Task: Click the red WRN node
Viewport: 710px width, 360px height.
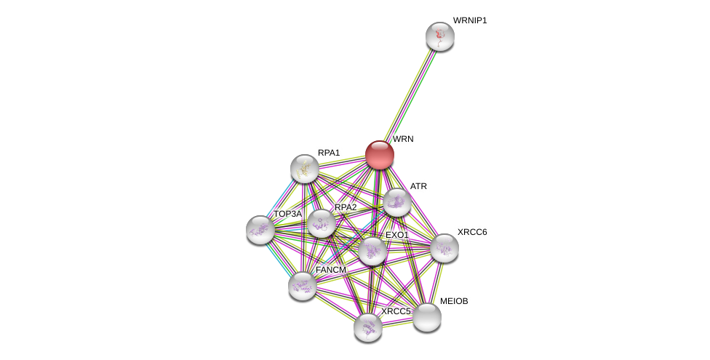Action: (x=380, y=155)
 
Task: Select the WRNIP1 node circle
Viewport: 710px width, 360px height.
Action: (x=440, y=36)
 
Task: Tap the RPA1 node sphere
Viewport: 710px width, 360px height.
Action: (x=305, y=169)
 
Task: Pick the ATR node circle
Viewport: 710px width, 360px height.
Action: (x=397, y=202)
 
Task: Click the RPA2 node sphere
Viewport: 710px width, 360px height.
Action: (x=321, y=224)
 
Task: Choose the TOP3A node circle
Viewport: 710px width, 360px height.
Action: (x=260, y=230)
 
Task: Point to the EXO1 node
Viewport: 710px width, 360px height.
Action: (x=372, y=251)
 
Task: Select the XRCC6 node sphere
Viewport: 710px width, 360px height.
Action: (x=444, y=248)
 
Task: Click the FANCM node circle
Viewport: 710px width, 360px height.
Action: (x=303, y=286)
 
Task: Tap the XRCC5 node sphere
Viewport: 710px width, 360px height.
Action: (x=368, y=327)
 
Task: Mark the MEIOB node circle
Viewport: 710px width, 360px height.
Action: (x=427, y=317)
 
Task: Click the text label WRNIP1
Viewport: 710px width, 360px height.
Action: (x=470, y=20)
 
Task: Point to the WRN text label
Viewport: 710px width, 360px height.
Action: (x=403, y=139)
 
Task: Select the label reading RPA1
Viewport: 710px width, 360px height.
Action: (x=329, y=153)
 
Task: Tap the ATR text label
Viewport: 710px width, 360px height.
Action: (x=418, y=186)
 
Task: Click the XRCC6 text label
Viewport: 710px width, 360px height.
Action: (x=472, y=232)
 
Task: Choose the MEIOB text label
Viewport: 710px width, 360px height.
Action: (x=454, y=301)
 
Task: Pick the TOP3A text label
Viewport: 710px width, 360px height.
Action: (x=287, y=214)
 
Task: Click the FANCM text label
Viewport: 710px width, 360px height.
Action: (x=331, y=270)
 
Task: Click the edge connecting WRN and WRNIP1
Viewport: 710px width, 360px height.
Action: (x=410, y=95)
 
